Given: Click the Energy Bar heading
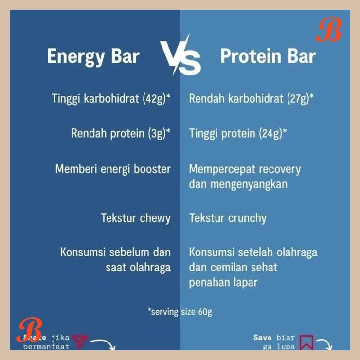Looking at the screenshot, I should [x=93, y=56].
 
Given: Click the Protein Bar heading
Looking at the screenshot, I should [x=268, y=56].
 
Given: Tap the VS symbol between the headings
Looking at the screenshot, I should [x=180, y=56].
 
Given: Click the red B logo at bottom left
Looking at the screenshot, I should [x=30, y=330].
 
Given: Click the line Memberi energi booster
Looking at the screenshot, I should [x=113, y=169].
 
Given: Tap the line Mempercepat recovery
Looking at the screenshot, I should [x=245, y=169].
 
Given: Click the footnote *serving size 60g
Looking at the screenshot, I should [x=180, y=312].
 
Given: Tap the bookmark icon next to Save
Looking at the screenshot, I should [x=306, y=342].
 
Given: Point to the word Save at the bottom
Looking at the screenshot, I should [x=263, y=337].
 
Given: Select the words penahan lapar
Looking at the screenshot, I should [x=223, y=282].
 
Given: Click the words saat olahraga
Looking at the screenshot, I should [x=138, y=268].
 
